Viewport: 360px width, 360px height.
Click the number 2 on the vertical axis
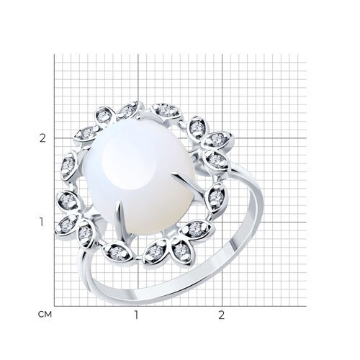[42, 138]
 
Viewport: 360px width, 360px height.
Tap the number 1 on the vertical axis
[42, 222]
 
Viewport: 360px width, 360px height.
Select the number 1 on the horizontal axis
[136, 315]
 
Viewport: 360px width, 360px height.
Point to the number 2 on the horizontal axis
[221, 315]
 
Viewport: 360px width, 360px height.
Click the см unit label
[45, 315]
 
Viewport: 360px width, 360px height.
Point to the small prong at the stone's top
[145, 117]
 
